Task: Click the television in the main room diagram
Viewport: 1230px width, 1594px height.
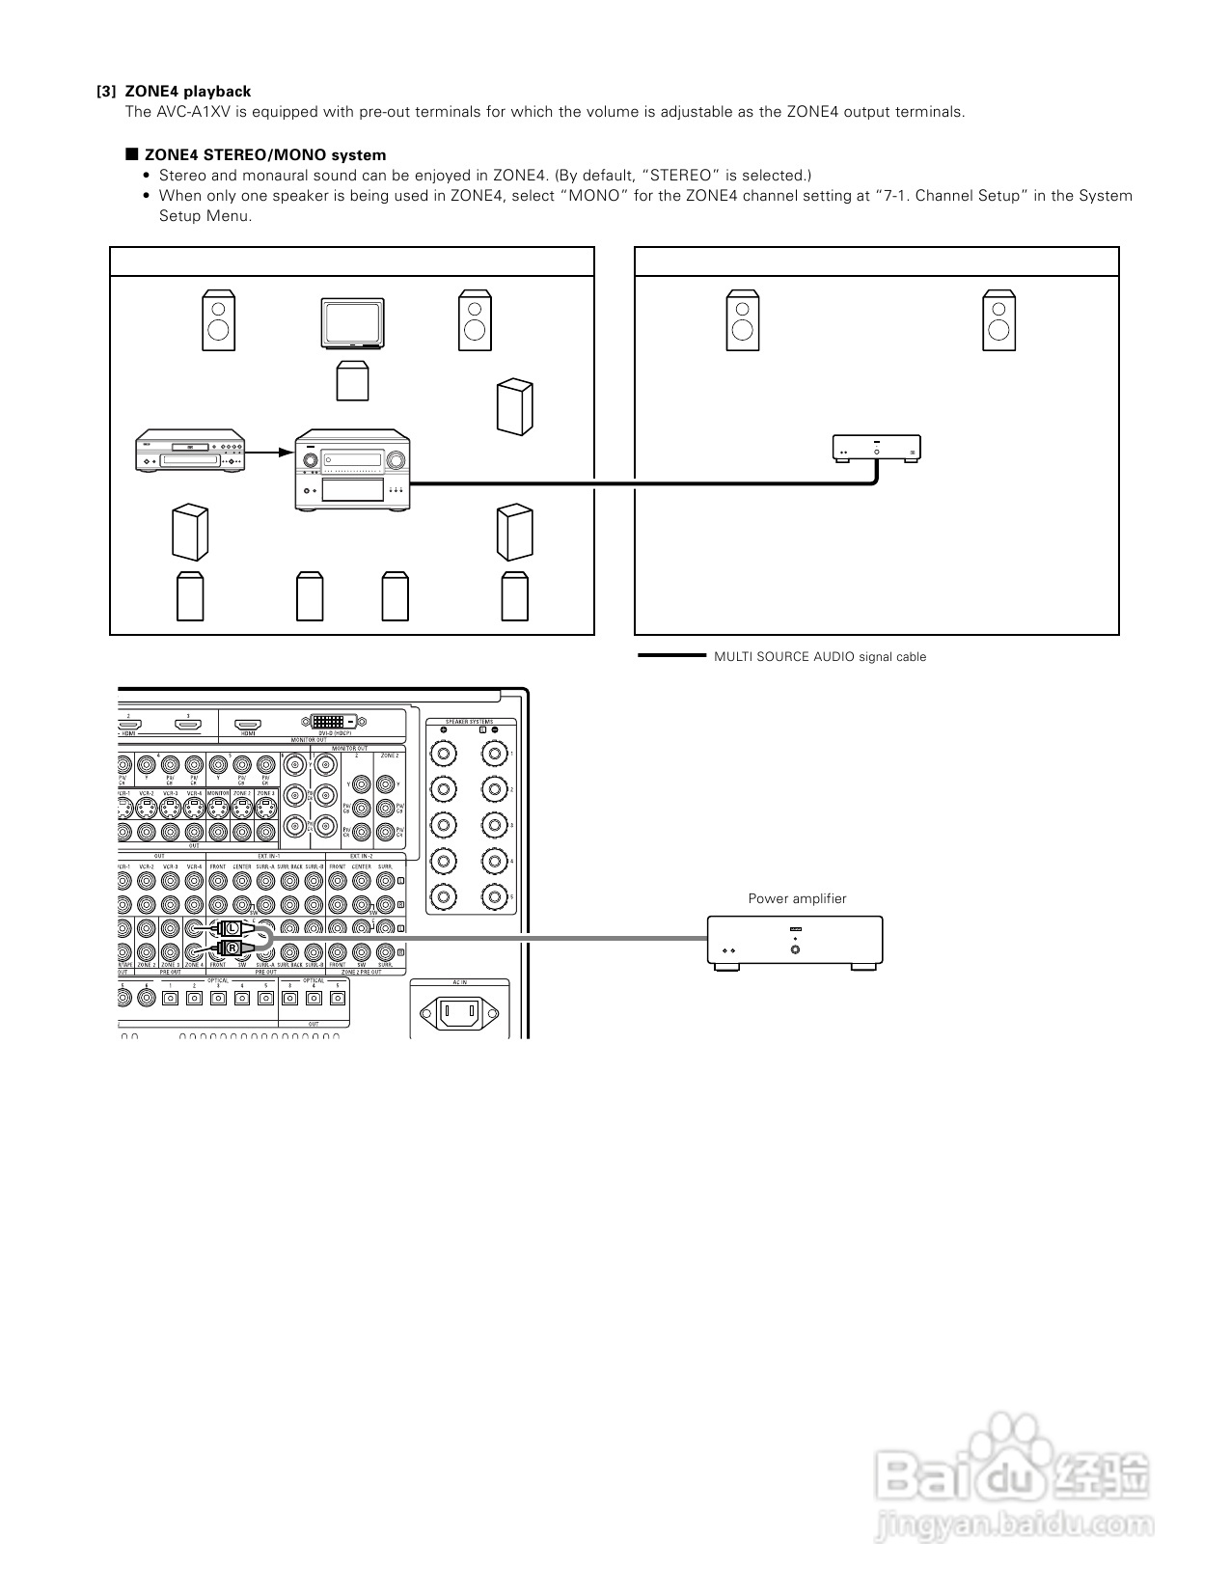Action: [353, 323]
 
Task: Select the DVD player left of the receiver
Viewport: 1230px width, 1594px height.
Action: [192, 452]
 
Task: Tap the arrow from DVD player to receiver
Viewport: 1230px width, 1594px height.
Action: [273, 452]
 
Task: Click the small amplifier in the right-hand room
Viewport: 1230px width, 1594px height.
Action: [876, 449]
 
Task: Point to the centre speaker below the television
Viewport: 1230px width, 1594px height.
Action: [352, 381]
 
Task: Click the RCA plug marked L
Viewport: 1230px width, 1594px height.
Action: [232, 928]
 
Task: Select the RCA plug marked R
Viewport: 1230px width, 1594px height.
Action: [232, 948]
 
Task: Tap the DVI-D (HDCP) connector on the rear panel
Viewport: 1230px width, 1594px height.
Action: [333, 721]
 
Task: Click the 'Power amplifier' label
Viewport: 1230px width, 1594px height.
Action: [797, 898]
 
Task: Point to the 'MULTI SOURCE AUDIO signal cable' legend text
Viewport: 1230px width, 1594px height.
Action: [819, 657]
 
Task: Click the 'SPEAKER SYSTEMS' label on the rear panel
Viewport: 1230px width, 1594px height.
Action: [469, 722]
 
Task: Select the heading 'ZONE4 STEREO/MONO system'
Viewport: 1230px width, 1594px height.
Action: [265, 155]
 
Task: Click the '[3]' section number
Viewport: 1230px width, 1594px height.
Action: [106, 92]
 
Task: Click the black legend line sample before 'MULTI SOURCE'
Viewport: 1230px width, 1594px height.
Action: [671, 656]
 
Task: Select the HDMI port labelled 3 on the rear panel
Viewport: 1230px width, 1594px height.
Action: [187, 725]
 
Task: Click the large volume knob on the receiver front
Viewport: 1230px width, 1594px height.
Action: [395, 459]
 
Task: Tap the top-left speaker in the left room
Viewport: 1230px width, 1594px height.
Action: [218, 320]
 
